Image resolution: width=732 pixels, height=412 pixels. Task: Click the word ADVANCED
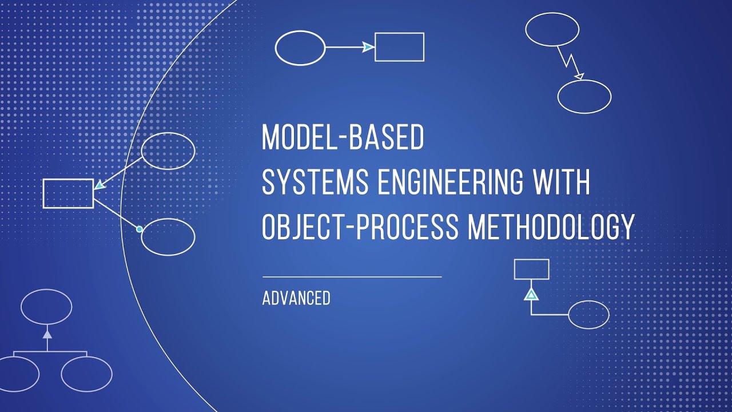296,298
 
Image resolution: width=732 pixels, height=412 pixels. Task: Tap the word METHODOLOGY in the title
551,227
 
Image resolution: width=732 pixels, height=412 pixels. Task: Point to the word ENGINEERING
447,183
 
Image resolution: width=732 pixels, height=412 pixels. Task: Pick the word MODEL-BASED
343,138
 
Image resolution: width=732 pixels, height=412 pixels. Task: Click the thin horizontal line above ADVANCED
352,277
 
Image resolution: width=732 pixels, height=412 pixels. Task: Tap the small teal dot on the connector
139,229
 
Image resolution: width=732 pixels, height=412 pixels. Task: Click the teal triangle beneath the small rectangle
531,295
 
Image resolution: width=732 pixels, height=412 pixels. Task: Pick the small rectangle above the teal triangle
531,269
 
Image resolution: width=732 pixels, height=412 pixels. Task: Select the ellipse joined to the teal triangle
588,315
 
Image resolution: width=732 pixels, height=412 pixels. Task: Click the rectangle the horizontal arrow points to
399,47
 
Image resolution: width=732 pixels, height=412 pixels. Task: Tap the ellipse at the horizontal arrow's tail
300,47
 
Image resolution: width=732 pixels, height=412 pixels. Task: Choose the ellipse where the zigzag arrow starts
552,29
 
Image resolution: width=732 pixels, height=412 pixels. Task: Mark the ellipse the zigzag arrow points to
584,97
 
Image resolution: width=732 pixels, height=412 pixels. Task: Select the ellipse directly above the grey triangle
46,307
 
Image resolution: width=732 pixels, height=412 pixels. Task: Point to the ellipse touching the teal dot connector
168,236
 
